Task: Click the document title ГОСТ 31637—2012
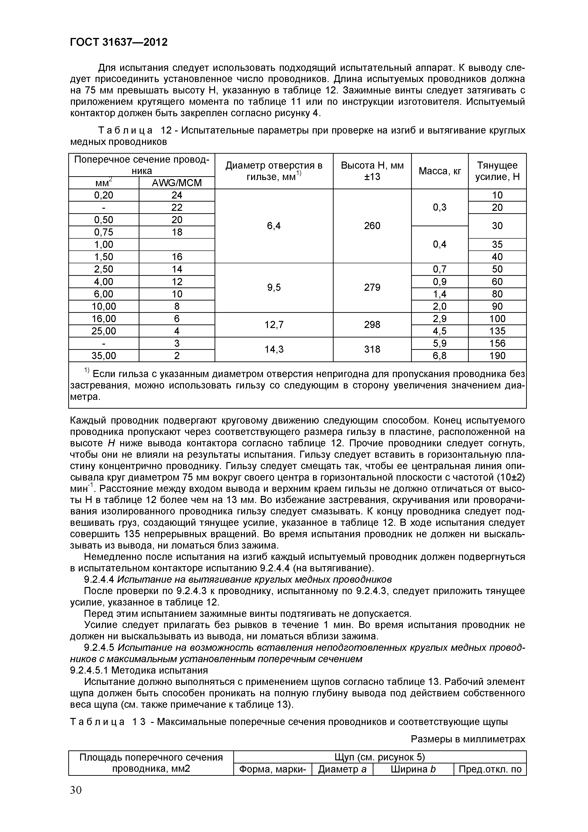[119, 42]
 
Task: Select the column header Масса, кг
[440, 171]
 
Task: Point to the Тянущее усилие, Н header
[497, 171]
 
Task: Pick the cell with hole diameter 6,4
[274, 226]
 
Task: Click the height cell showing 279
[372, 287]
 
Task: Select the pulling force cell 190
[497, 356]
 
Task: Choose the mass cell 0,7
[440, 269]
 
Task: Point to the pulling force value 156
[497, 343]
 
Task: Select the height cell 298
[372, 325]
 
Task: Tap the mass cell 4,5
[440, 331]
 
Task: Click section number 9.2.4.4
[99, 579]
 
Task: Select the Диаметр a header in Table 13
[342, 769]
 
